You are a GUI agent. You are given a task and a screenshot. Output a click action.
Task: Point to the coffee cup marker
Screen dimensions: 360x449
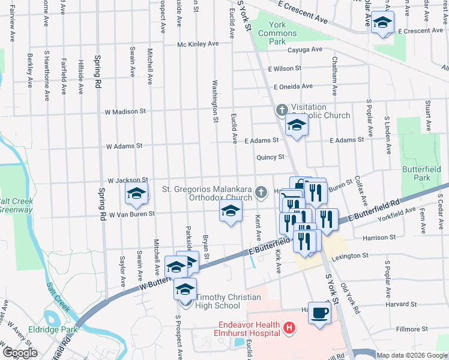coord(319,313)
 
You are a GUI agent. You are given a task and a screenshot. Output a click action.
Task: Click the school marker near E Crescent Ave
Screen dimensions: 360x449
coord(382,23)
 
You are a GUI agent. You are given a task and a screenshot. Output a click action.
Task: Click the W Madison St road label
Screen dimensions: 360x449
coord(125,112)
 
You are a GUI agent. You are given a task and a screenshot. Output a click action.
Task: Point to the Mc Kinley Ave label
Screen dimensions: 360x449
coord(197,44)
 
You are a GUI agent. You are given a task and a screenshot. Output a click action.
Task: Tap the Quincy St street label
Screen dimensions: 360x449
coord(270,157)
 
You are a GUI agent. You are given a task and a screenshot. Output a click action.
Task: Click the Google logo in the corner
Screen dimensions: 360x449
coord(20,353)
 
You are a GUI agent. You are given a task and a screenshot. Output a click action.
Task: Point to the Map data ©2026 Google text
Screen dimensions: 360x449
coord(411,355)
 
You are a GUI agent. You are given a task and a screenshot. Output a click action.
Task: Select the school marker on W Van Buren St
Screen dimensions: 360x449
coord(229,211)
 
